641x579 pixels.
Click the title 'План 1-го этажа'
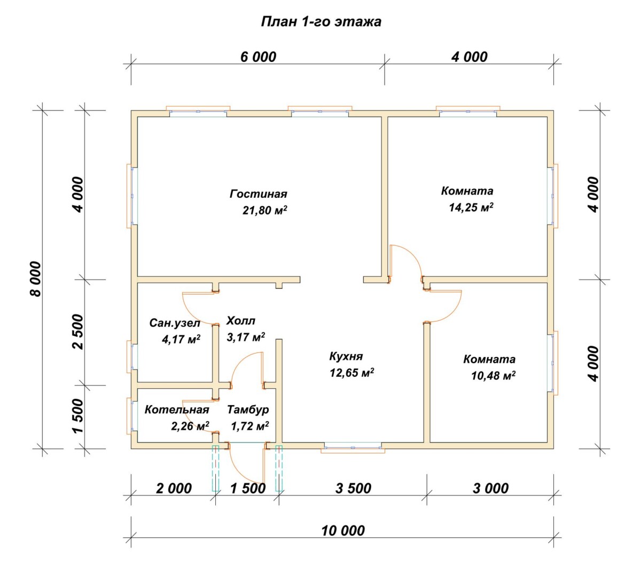321,22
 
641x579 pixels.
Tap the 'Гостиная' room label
258,194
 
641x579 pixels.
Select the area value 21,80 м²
264,210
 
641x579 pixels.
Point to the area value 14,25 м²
471,207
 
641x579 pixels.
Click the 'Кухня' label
346,357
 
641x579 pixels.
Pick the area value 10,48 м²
493,375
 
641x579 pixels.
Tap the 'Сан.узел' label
175,323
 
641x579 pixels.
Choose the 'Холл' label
241,321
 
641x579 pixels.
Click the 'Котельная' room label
177,410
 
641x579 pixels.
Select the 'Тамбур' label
248,410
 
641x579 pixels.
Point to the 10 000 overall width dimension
342,531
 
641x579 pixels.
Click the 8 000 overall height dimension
36,279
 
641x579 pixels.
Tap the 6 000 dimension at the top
258,57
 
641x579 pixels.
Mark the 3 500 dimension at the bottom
353,489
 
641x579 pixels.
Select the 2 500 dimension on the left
78,331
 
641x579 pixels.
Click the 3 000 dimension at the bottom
490,489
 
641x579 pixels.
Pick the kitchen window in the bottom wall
353,447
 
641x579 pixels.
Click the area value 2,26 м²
190,426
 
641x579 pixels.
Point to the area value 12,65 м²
352,373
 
